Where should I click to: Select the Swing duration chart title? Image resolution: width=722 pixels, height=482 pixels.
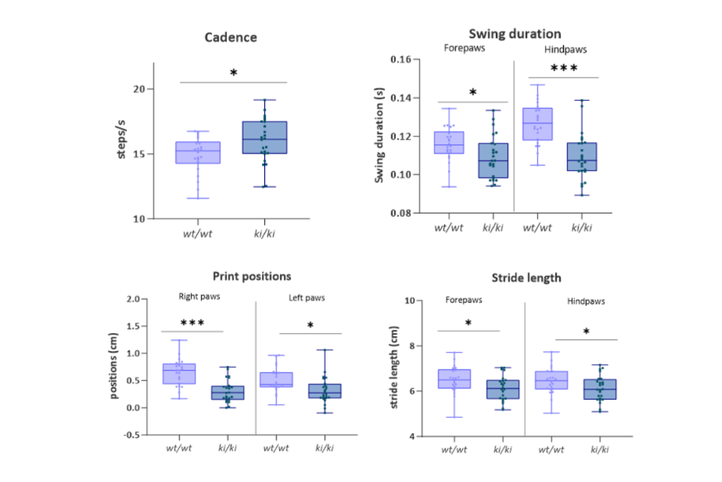(x=514, y=34)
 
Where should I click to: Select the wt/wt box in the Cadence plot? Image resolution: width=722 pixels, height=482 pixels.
(x=198, y=152)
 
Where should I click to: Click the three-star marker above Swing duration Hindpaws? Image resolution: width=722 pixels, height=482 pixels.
(x=564, y=69)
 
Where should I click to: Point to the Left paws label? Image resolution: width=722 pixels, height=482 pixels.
(x=306, y=299)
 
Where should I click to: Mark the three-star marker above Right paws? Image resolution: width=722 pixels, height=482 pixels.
(x=193, y=323)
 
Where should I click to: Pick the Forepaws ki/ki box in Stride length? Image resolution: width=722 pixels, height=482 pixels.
(x=502, y=389)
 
